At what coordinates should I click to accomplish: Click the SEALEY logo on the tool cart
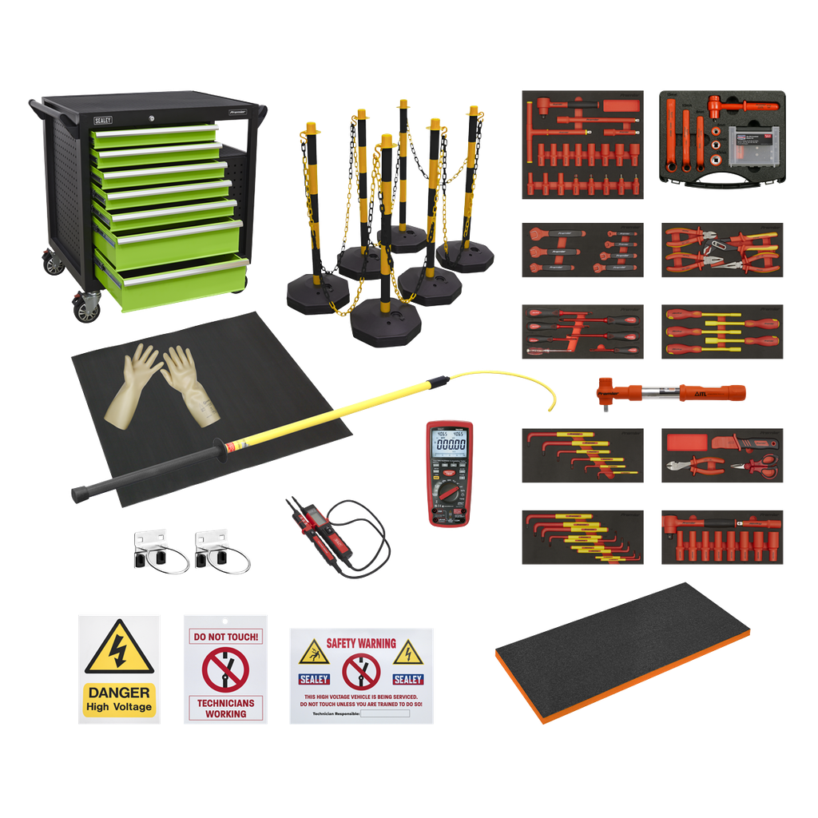(x=102, y=120)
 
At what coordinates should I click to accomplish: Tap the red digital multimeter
(x=449, y=473)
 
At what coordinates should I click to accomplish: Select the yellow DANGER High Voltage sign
(x=119, y=669)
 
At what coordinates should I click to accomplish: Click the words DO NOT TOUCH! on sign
(x=225, y=637)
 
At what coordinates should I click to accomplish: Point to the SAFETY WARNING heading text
(x=360, y=643)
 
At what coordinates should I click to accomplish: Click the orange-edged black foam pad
(x=623, y=651)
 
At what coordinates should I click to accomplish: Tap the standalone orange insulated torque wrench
(x=669, y=392)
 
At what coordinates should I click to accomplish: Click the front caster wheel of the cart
(x=88, y=306)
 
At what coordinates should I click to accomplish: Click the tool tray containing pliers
(x=722, y=250)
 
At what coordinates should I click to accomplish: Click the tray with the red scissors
(x=722, y=455)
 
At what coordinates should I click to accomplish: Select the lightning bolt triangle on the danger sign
(x=119, y=648)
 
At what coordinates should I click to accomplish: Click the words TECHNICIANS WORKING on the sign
(x=225, y=708)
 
